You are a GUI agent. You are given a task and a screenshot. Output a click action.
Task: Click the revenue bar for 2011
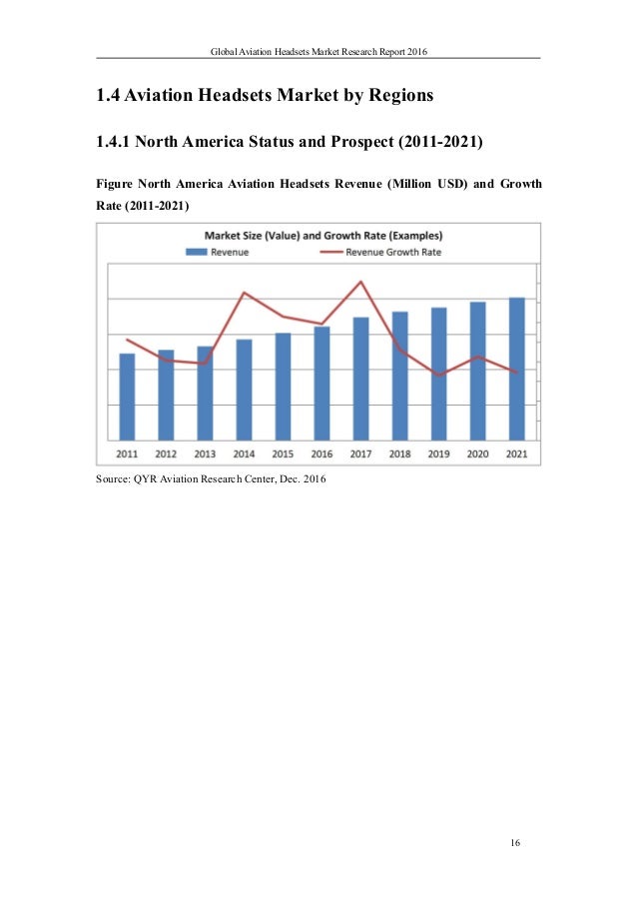click(x=127, y=397)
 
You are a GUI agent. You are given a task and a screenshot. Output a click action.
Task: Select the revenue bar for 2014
click(x=244, y=390)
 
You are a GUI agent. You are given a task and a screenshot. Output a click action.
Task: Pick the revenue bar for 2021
click(x=516, y=369)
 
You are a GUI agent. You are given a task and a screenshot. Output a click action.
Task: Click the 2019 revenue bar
click(x=438, y=374)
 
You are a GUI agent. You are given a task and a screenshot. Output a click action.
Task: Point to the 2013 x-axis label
click(x=205, y=453)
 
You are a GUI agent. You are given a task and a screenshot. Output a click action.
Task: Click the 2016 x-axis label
click(x=321, y=453)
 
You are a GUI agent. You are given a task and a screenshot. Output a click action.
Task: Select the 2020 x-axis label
click(x=477, y=453)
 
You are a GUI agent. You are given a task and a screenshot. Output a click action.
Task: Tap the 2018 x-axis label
click(x=399, y=453)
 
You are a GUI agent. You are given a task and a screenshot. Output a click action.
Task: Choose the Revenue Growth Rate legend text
click(x=393, y=253)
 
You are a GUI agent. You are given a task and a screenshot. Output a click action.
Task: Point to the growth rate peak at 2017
click(x=360, y=282)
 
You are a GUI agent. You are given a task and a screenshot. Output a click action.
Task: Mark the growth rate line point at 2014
click(x=244, y=293)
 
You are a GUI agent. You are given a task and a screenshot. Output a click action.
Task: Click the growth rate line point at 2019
click(x=438, y=375)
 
